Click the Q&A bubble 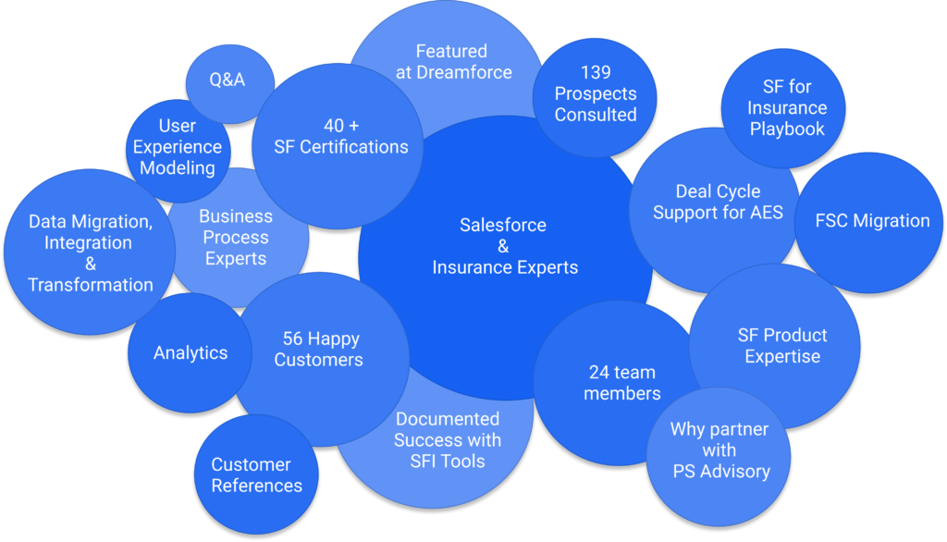click(228, 80)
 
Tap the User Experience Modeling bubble click(177, 147)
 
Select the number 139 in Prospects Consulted click(596, 72)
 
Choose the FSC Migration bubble click(872, 221)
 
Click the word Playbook click(787, 129)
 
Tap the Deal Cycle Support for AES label click(718, 203)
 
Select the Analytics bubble click(191, 352)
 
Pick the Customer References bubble click(256, 474)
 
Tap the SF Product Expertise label click(782, 345)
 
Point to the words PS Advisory click(720, 471)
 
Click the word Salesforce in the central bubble click(503, 225)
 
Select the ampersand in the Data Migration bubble click(91, 264)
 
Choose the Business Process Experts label click(236, 238)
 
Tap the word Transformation click(91, 285)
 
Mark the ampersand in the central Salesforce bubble click(503, 246)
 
